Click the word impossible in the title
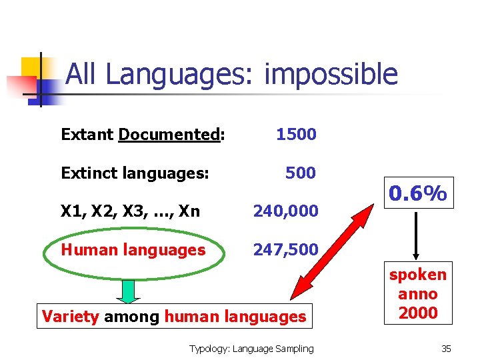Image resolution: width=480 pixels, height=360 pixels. click(331, 75)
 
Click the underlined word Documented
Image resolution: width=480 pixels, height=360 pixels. click(169, 135)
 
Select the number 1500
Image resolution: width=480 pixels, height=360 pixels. click(296, 135)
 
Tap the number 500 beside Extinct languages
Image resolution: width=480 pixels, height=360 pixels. click(300, 173)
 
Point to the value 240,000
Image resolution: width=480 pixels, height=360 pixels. click(285, 211)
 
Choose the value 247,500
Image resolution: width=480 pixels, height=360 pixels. click(285, 250)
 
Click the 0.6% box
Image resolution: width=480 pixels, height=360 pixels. click(417, 194)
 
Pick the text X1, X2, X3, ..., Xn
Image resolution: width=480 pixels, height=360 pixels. click(130, 211)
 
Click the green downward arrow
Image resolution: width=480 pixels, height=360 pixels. click(128, 291)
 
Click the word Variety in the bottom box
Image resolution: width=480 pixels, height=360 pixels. click(70, 317)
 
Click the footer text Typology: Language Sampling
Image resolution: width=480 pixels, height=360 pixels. click(251, 348)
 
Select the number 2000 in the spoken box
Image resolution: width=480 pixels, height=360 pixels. click(417, 313)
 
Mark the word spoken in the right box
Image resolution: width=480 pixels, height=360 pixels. click(417, 275)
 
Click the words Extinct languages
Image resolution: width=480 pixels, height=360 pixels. click(135, 173)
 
